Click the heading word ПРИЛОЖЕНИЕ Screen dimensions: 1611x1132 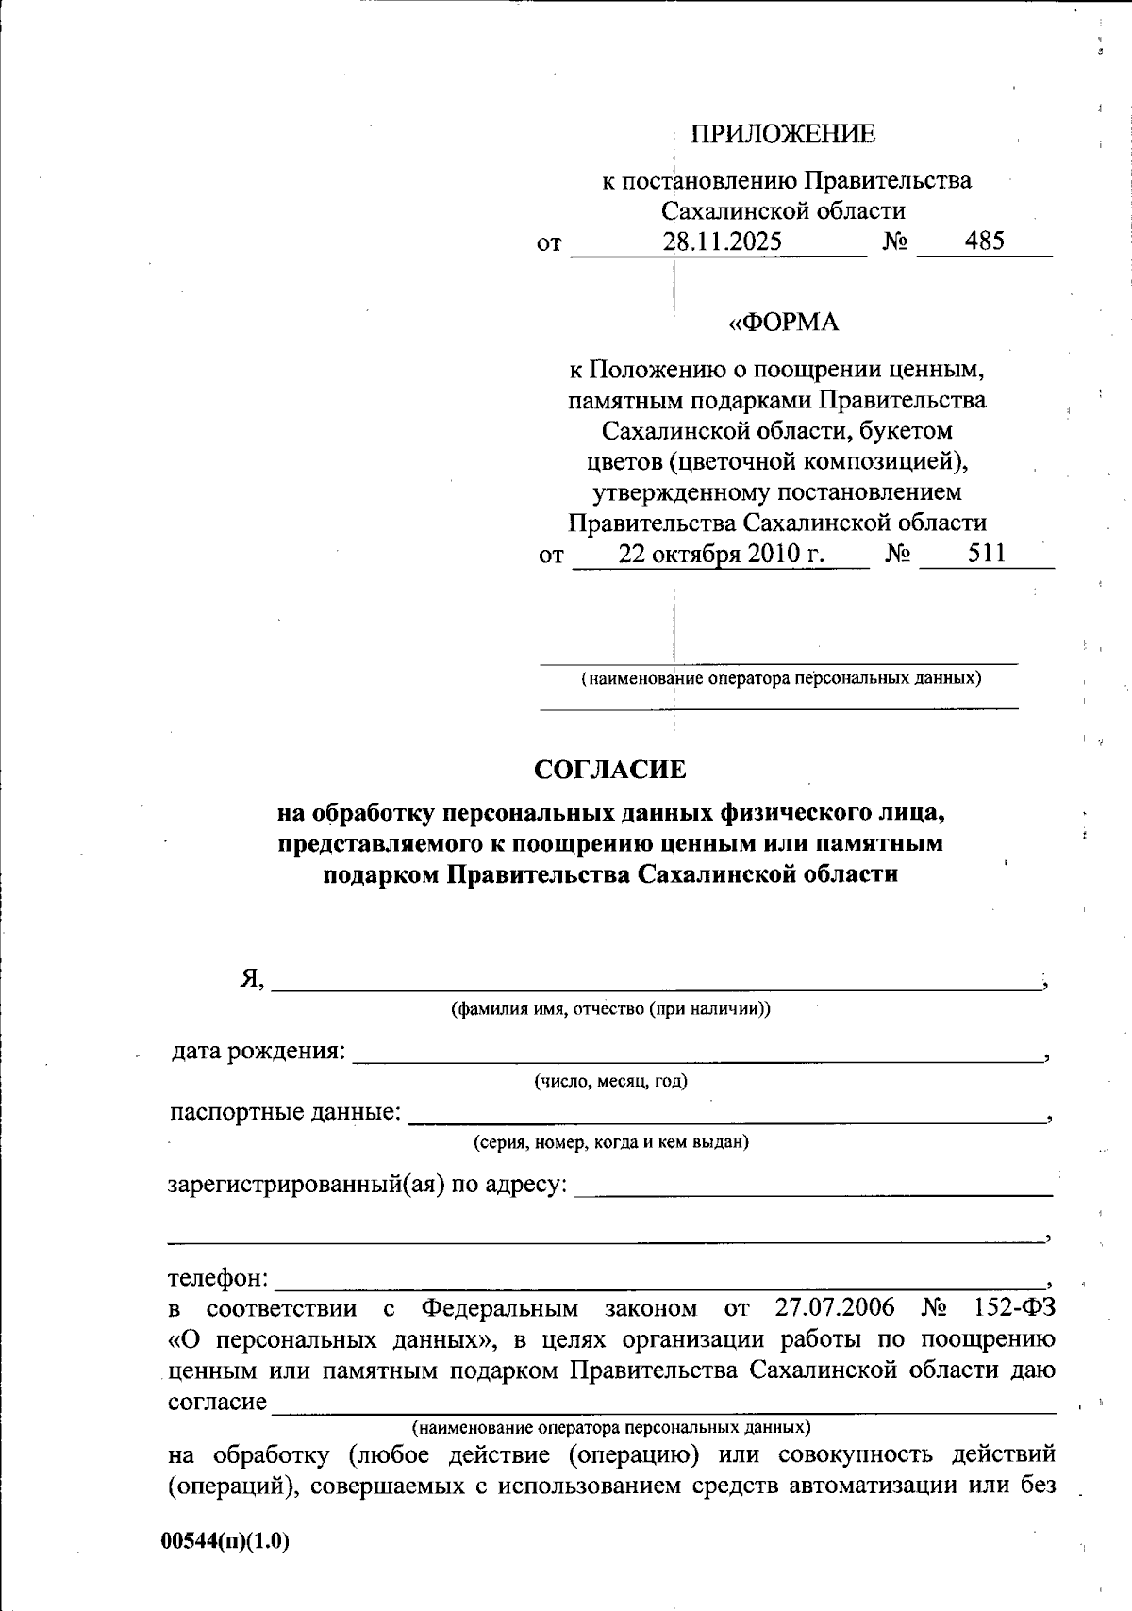click(x=783, y=135)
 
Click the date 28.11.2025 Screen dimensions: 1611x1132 click(x=722, y=241)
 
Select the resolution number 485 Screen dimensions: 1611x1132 click(x=985, y=241)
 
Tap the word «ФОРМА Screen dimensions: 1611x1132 click(x=784, y=323)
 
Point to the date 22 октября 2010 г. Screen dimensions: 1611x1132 click(x=722, y=554)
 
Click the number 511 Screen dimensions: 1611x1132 click(x=987, y=554)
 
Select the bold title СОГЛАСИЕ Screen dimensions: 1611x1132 click(x=610, y=770)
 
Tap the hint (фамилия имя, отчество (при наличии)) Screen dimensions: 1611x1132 click(x=610, y=1009)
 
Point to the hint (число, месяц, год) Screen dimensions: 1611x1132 click(x=610, y=1081)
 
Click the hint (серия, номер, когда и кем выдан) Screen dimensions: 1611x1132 click(x=610, y=1143)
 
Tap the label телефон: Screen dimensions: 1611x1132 click(x=218, y=1279)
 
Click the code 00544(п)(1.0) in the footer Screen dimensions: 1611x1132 click(x=225, y=1541)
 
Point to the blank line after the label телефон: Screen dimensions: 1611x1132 click(x=660, y=1285)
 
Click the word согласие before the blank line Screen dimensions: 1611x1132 click(x=217, y=1402)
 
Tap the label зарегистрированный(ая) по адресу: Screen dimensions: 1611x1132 click(x=368, y=1184)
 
